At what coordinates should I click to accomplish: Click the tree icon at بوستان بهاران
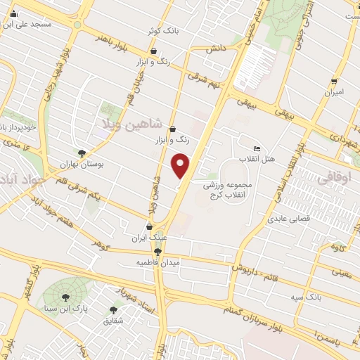coord(82,153)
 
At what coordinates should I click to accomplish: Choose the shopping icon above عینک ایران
coord(149,227)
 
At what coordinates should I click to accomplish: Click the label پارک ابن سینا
coord(65,307)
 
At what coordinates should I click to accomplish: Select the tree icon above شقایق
coord(114,309)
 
